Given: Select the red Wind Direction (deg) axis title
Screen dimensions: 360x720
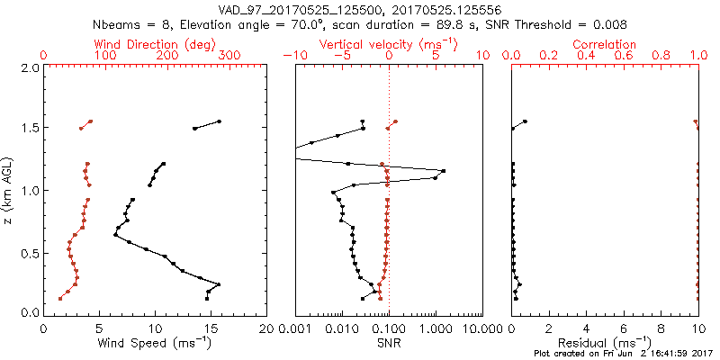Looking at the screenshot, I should [x=144, y=44].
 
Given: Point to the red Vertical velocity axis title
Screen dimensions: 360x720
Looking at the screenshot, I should [x=388, y=44].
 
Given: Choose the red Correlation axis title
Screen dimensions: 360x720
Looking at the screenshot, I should [x=605, y=44].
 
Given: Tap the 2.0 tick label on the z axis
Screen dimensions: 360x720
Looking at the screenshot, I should [x=30, y=67].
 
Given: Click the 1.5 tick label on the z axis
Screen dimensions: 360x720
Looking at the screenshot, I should [x=30, y=129].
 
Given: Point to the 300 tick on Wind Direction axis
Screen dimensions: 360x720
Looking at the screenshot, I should [x=229, y=56].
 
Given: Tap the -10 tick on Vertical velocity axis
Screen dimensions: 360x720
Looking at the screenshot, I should [x=292, y=56].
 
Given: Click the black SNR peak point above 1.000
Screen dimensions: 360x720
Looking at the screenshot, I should [x=443, y=170].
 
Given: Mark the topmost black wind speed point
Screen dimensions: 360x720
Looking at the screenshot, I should [x=219, y=121].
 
